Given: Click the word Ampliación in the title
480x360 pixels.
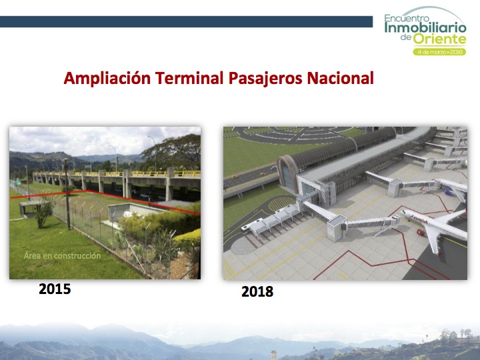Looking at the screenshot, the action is coord(107,79).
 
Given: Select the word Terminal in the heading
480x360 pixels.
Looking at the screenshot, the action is coord(189,78).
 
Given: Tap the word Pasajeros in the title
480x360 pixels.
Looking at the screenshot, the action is coord(265,79).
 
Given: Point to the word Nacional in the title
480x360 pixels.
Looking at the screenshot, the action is coord(340,78).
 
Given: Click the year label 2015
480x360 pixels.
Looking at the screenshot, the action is coord(55,289).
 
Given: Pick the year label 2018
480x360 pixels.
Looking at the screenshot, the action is coord(257,291).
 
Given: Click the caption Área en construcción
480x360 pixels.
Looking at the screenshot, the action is coord(62,255).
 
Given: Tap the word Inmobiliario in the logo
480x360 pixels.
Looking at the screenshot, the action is coord(425,28).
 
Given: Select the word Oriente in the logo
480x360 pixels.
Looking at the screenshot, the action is coord(439,39).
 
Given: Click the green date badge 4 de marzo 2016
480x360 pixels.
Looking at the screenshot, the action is coord(439,52).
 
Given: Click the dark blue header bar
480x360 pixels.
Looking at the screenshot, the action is coord(186,22).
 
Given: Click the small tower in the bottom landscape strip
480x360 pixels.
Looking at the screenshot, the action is coord(273,355).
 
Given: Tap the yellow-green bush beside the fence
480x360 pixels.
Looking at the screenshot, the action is coord(187,238).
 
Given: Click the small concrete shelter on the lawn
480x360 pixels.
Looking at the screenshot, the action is coord(30,208).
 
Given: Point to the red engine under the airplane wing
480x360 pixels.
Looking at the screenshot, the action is coord(421,233).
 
